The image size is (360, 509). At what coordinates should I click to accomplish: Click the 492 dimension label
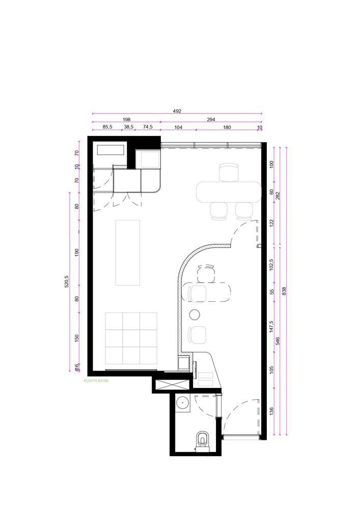click(177, 111)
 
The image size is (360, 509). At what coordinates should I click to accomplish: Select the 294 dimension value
click(211, 120)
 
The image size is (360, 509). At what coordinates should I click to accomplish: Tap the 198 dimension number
click(126, 120)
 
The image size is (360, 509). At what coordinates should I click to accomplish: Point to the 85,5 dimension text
click(107, 127)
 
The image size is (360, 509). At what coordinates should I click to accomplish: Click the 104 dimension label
click(178, 127)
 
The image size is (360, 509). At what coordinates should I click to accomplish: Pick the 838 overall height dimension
click(285, 291)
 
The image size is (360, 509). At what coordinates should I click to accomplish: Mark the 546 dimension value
click(277, 341)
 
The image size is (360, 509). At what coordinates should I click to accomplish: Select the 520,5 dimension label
click(67, 281)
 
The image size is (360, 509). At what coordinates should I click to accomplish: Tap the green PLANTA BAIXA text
click(96, 381)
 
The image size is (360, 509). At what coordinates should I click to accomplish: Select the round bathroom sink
click(183, 405)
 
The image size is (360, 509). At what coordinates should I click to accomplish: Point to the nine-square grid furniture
click(131, 338)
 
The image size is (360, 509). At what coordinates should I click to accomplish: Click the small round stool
click(195, 314)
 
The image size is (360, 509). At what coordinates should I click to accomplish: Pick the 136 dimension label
click(272, 411)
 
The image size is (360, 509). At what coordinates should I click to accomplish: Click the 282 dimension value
click(277, 196)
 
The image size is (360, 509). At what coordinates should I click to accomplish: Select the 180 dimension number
click(227, 127)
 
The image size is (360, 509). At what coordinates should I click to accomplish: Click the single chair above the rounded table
click(229, 173)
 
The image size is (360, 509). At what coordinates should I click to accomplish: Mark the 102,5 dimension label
click(272, 265)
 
